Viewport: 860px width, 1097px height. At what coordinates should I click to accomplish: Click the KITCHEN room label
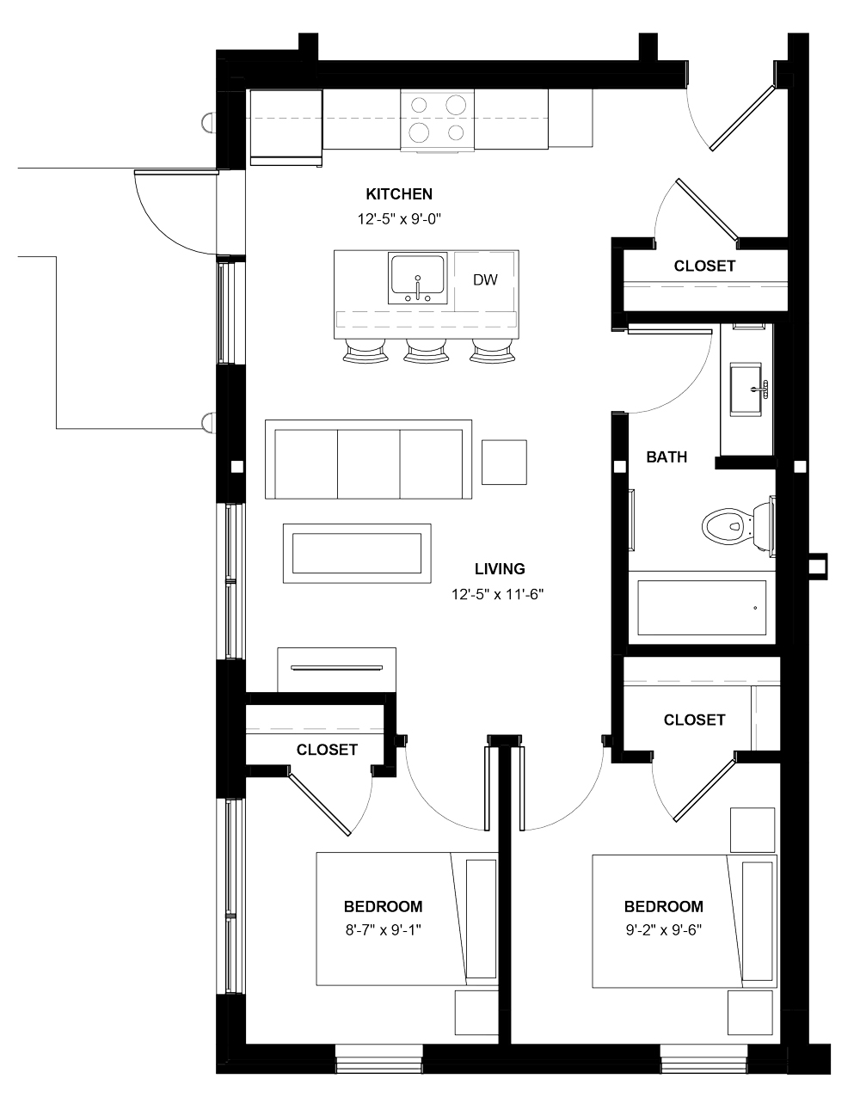coord(399,194)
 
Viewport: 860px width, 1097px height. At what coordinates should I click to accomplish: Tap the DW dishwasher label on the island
coord(485,279)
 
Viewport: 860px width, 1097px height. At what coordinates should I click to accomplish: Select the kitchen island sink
coord(417,277)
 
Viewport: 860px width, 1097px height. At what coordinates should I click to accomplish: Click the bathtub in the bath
coord(702,609)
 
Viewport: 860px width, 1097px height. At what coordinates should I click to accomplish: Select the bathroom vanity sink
coord(747,389)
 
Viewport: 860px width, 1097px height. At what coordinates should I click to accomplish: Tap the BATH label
coord(666,457)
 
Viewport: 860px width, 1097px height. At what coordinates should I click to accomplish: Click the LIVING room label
coord(500,568)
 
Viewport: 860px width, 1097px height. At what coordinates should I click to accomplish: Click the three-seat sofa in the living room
coord(369,459)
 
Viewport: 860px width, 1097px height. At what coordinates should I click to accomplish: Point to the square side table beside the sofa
coord(504,462)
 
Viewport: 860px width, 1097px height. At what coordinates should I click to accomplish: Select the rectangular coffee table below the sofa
coord(356,552)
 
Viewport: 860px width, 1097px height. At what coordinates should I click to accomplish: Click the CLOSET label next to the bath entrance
coord(704,266)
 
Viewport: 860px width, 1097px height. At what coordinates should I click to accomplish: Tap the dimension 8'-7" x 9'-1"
coord(383,928)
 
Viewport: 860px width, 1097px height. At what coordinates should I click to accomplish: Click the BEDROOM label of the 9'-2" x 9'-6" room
coord(663,906)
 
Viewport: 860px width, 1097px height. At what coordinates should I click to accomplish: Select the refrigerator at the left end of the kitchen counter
coord(286,126)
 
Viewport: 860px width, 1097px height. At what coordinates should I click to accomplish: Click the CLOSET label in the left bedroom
coord(327,750)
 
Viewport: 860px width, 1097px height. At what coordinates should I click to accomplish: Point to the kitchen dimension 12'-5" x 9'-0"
coord(399,219)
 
